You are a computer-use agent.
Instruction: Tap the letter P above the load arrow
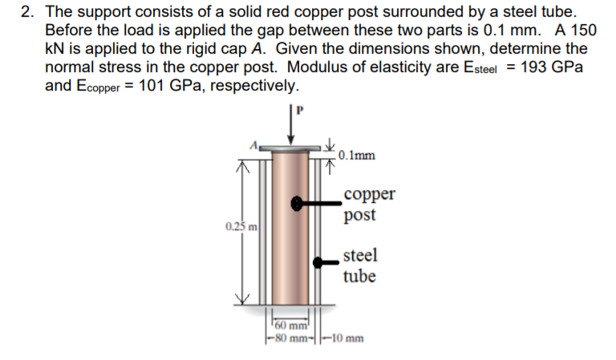[x=300, y=110]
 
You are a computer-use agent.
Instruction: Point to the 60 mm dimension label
[x=287, y=326]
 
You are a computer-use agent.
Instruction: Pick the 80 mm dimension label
[x=286, y=338]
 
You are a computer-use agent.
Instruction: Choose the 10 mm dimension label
[x=346, y=338]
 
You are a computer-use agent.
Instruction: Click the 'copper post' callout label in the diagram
[x=367, y=205]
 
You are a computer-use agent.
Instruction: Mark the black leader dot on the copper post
[x=298, y=204]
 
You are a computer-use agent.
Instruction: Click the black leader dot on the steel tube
[x=319, y=262]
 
